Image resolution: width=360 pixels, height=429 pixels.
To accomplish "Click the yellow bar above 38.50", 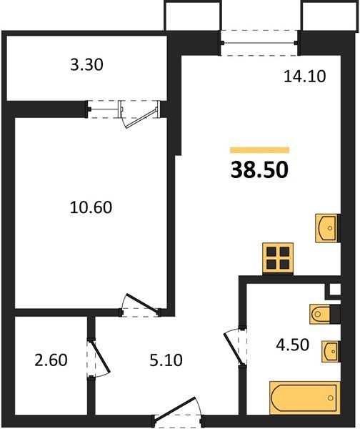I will (259, 150).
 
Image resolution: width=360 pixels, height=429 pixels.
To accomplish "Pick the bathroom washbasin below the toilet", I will (329, 351).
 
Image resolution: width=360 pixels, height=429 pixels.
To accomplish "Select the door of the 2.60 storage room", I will (98, 356).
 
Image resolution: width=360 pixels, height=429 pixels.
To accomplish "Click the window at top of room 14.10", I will (258, 39).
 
